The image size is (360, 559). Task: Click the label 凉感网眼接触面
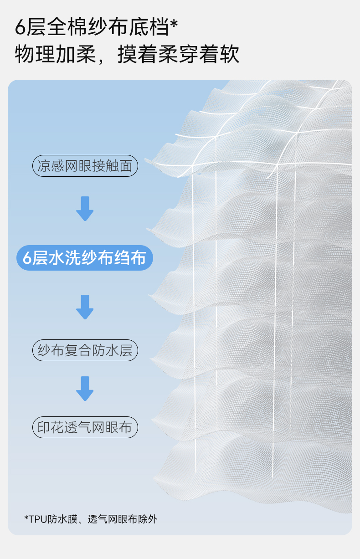pyautogui.click(x=85, y=166)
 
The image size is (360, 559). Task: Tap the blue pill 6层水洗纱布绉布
pyautogui.click(x=85, y=258)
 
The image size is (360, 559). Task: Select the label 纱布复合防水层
pyautogui.click(x=85, y=350)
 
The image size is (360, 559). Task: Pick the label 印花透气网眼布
pyautogui.click(x=85, y=427)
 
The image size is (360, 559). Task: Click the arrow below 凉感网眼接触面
pyautogui.click(x=85, y=209)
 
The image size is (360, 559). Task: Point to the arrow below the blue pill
pyautogui.click(x=85, y=307)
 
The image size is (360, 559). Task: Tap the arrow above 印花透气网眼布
pyautogui.click(x=85, y=388)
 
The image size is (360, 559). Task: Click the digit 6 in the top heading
pyautogui.click(x=21, y=28)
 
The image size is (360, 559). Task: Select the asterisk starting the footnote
pyautogui.click(x=26, y=518)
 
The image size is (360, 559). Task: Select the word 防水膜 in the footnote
pyautogui.click(x=62, y=519)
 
